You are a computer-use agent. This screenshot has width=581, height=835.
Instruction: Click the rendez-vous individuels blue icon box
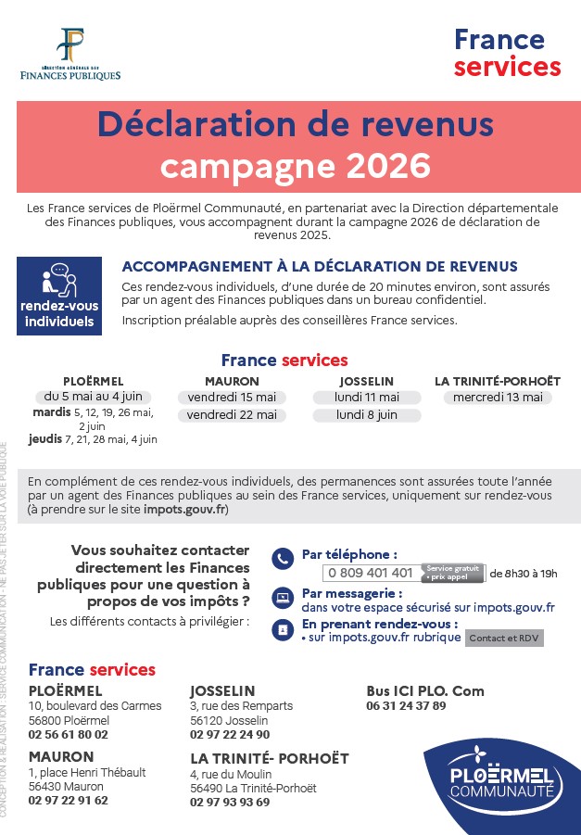pos(57,297)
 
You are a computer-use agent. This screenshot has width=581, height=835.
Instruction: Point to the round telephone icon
pos(282,559)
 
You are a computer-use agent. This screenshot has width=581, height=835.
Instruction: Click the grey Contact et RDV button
pos(504,638)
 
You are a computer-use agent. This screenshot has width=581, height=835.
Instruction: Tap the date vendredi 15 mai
pos(232,398)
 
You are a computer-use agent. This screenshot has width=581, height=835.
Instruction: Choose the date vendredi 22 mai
pos(232,415)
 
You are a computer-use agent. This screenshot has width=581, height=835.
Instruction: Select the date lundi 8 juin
pos(366,415)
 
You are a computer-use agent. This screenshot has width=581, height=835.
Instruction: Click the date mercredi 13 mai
pos(498,398)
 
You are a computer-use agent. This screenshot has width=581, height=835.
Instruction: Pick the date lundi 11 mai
pos(366,398)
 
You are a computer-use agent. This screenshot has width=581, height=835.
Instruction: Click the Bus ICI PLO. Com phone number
pos(406,705)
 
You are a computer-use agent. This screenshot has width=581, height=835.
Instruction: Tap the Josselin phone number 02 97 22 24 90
pos(230,735)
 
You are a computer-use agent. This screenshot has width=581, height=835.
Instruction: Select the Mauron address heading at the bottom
pos(61,757)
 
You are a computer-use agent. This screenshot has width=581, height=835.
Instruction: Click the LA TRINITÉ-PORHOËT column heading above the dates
pos(498,381)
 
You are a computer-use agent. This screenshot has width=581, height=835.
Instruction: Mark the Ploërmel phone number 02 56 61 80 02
pos(69,735)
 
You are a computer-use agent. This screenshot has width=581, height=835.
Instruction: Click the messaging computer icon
pos(282,596)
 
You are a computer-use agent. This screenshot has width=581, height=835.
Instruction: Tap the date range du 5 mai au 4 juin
pos(93,397)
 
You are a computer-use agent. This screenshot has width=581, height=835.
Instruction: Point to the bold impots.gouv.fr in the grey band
pos(184,510)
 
